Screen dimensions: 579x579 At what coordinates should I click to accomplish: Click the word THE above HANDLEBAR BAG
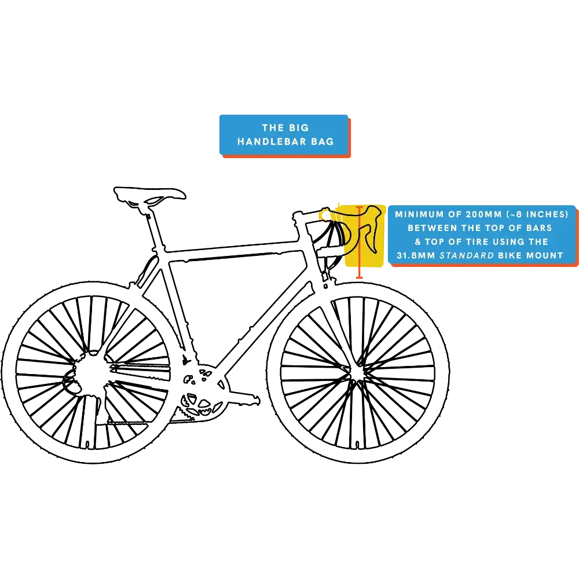(273, 128)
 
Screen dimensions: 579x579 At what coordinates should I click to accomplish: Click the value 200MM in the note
(485, 214)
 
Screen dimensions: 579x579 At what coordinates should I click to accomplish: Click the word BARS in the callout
(538, 228)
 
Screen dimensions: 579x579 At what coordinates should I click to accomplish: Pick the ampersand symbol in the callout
(417, 242)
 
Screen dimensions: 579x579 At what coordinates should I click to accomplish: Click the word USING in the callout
(515, 242)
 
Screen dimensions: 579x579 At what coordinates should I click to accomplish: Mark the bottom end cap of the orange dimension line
(360, 278)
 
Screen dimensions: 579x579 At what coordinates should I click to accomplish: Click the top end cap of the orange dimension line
(360, 207)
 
